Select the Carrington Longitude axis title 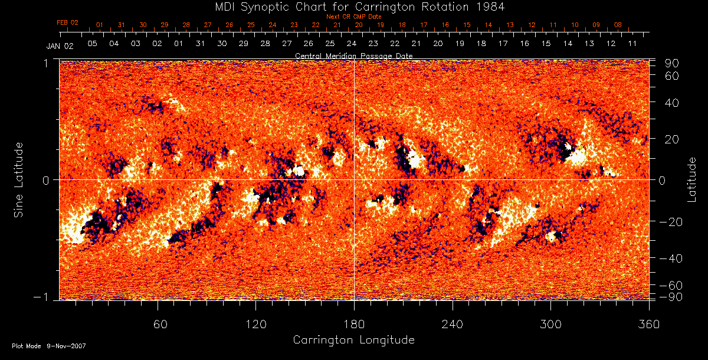[353, 340]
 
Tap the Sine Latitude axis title [19, 179]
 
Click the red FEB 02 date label [67, 22]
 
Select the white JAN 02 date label [60, 46]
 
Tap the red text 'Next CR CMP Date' [354, 17]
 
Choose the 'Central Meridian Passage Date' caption [353, 55]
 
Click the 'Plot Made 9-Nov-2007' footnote [49, 346]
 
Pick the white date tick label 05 [92, 44]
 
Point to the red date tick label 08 [618, 25]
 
